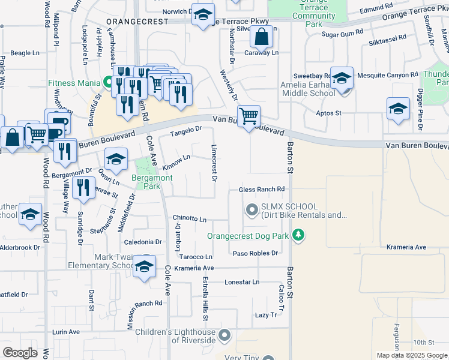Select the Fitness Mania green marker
tap(109, 82)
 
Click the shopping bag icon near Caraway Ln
tap(262, 38)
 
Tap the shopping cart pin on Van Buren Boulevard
tap(249, 115)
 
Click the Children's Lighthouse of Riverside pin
tap(224, 335)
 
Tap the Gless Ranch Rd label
tap(261, 190)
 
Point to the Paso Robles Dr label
tap(255, 253)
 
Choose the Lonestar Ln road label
tap(242, 281)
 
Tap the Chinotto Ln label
tap(190, 219)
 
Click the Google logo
tap(20, 353)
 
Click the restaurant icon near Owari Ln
tap(83, 187)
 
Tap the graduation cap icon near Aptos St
tap(397, 109)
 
